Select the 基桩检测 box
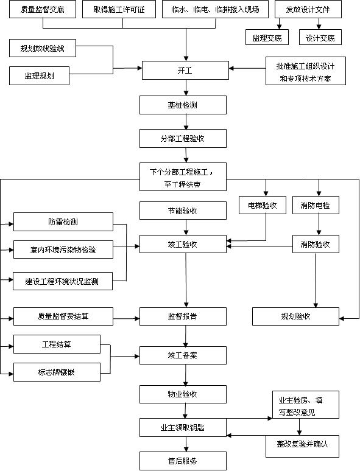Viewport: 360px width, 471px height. pyautogui.click(x=183, y=105)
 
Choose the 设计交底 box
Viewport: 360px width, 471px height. pyautogui.click(x=320, y=38)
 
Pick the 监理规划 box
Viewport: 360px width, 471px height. pyautogui.click(x=40, y=76)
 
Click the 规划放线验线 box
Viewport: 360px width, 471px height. pyautogui.click(x=43, y=49)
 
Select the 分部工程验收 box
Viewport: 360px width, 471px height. pyautogui.click(x=183, y=139)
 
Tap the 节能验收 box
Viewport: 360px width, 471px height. pyautogui.click(x=183, y=211)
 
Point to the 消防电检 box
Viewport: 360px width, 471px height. pyautogui.click(x=316, y=206)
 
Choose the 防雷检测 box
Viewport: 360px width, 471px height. pyautogui.click(x=63, y=222)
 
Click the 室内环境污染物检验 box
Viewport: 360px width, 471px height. pyautogui.click(x=63, y=249)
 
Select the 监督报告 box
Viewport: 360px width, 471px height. pyautogui.click(x=183, y=316)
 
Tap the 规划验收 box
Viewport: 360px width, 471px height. pyautogui.click(x=295, y=316)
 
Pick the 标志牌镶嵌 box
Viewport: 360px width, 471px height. pyautogui.click(x=57, y=372)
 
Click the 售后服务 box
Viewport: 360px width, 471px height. pyautogui.click(x=183, y=461)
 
